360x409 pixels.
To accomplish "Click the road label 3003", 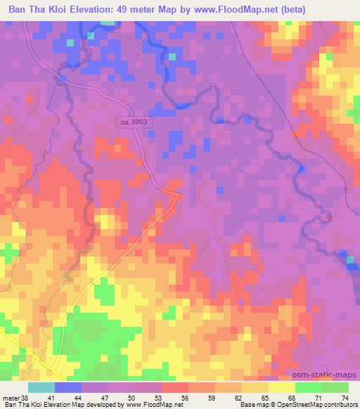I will click(134, 122).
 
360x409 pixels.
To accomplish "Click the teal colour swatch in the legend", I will click(41, 387).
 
